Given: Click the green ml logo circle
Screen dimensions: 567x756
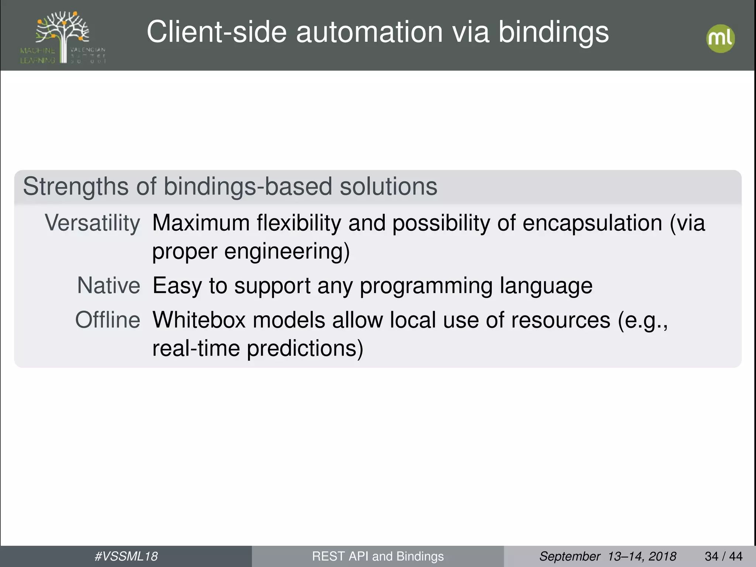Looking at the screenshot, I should coord(720,38).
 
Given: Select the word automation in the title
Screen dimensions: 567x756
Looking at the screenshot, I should coord(369,32).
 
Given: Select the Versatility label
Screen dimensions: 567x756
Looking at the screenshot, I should coord(92,224).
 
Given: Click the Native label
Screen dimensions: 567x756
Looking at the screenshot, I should coord(109,286).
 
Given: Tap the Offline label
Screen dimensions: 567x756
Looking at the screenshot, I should coord(108,320).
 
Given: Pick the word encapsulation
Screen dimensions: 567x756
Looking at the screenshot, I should coord(592,224).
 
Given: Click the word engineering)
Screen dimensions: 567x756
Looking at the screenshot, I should coord(287,252).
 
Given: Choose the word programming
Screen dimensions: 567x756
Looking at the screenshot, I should coord(426,286).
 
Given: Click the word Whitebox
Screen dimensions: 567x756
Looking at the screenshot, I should coord(199,320).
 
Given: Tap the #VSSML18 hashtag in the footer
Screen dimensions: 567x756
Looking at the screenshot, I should coord(126,556).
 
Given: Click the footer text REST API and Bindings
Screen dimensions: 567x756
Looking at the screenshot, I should coord(378,556).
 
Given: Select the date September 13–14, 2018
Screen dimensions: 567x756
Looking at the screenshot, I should coord(608,556).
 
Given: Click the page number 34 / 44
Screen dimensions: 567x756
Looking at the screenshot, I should coord(724,556).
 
